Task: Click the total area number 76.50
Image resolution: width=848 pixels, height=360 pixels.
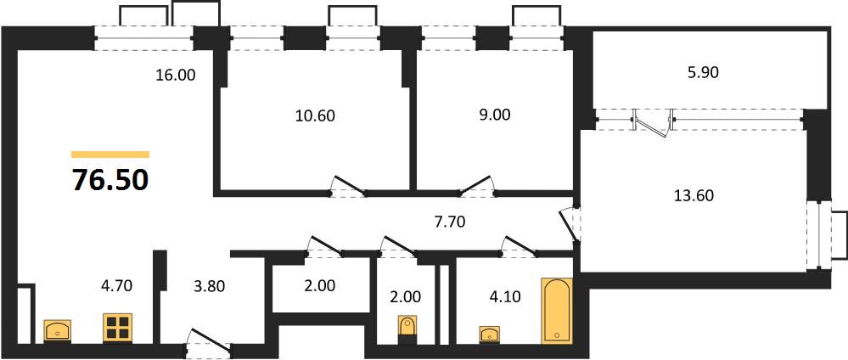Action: point(110,180)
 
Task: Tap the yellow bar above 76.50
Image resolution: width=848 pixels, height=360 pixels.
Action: point(110,155)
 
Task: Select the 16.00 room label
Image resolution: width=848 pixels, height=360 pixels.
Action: point(175,76)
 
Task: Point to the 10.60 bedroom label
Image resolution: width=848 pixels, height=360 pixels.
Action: point(315,115)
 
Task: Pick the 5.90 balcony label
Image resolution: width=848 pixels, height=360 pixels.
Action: point(702,72)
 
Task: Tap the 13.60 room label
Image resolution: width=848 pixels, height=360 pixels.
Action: point(694,195)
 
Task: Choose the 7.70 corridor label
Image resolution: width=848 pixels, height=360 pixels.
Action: point(449,222)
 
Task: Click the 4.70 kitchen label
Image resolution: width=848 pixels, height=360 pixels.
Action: point(116,284)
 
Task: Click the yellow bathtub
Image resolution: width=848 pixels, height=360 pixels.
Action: point(557,311)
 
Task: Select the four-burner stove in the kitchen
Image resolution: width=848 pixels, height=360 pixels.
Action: point(117,328)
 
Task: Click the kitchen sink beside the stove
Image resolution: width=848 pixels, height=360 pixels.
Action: point(58,330)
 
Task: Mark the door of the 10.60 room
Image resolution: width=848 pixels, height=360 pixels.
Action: point(349,186)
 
